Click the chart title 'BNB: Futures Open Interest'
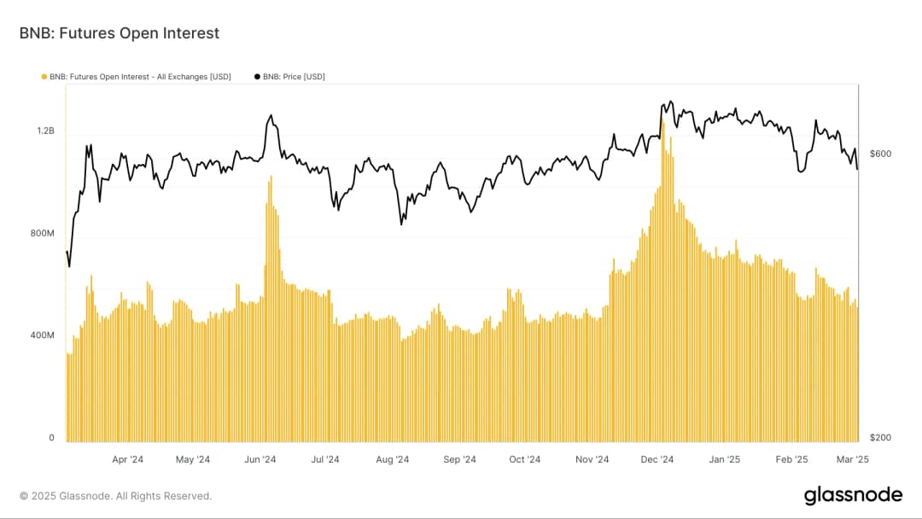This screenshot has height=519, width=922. tap(120, 33)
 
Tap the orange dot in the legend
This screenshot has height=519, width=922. tap(44, 77)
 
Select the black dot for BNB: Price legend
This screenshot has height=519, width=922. tap(257, 77)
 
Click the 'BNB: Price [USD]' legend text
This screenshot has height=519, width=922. tap(294, 77)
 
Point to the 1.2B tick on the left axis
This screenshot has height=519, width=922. tap(45, 131)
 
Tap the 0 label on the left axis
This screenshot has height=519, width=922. tap(51, 438)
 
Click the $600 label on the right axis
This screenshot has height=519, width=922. tap(879, 154)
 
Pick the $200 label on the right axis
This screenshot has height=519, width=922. tap(879, 438)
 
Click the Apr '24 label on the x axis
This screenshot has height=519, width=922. tap(127, 459)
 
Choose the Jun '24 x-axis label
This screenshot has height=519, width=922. tap(260, 459)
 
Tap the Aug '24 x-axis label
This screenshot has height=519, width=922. tap(393, 459)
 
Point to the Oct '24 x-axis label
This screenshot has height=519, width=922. tap(525, 459)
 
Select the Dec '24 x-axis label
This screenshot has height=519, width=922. tap(657, 459)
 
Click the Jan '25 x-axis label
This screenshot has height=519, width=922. tap(725, 459)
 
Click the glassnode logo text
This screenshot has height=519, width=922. tap(852, 495)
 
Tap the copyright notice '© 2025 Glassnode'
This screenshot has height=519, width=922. tap(115, 496)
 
